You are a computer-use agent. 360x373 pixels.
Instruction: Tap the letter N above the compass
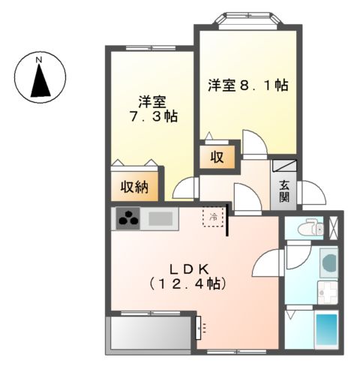click(x=40, y=59)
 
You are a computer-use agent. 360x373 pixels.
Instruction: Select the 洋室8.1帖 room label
click(x=247, y=85)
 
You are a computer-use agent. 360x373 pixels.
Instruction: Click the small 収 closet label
click(x=217, y=158)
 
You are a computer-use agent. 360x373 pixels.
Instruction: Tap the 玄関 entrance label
click(x=285, y=191)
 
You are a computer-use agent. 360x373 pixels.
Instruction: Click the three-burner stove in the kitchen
click(x=129, y=219)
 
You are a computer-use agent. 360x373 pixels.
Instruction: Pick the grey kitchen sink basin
click(x=160, y=219)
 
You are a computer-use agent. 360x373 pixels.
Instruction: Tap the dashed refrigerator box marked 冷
click(x=214, y=217)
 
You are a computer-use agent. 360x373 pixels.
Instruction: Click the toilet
click(x=307, y=228)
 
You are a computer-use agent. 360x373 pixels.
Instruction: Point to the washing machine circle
click(x=328, y=262)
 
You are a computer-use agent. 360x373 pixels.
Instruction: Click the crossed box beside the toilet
click(x=334, y=227)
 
